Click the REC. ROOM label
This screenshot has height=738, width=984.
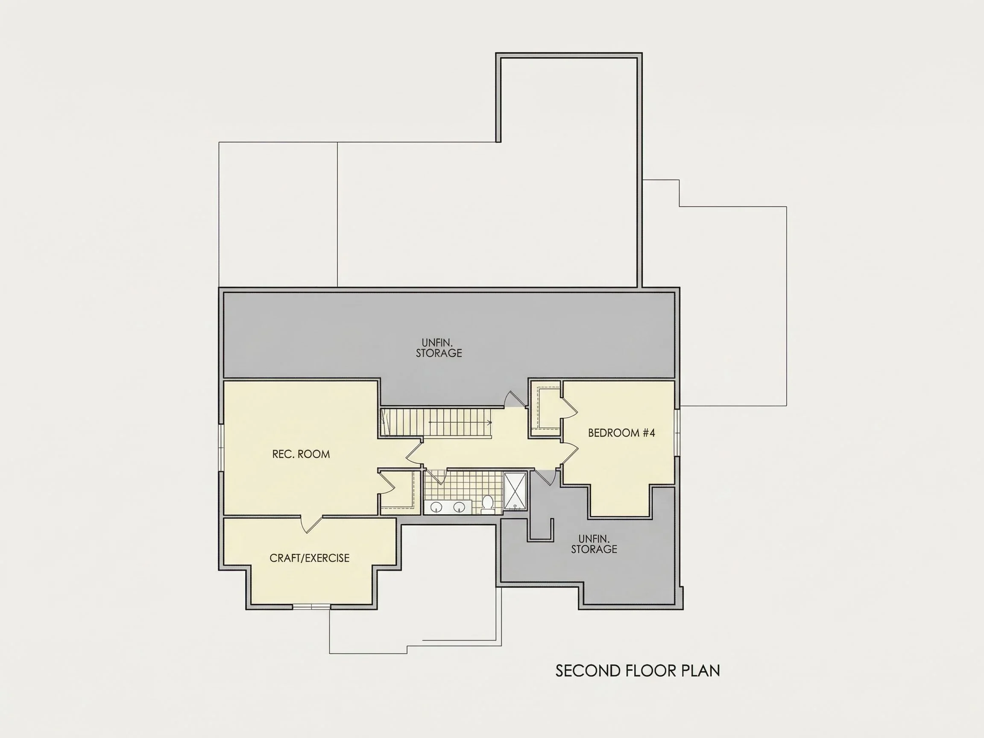(301, 454)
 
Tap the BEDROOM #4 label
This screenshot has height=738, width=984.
(621, 433)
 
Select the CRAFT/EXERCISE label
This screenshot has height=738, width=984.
(310, 558)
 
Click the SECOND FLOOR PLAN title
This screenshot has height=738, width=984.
(638, 671)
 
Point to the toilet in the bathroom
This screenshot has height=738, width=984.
(488, 504)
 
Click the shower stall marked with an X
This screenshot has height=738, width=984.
(515, 491)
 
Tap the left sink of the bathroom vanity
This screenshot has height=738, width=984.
(436, 506)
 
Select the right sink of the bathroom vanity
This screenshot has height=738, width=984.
(459, 506)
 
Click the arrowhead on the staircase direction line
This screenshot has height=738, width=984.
(490, 422)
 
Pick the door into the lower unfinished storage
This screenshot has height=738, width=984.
(545, 477)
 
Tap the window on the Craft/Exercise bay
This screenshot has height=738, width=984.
(311, 607)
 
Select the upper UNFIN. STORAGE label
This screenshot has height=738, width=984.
(439, 348)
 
